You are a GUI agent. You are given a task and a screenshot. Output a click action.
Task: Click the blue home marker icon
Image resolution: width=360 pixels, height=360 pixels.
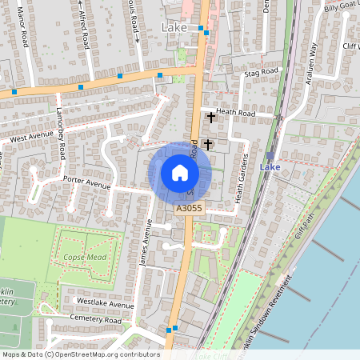tap(180, 173)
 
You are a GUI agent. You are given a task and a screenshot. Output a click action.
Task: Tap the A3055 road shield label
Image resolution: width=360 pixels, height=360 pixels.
tap(190, 209)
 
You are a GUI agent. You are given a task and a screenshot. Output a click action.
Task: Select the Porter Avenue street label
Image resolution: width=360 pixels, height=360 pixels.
tap(86, 183)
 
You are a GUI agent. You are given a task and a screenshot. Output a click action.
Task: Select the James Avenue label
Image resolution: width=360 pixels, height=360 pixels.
tap(146, 243)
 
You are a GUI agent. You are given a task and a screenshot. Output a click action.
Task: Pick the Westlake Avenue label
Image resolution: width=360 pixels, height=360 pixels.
tap(105, 304)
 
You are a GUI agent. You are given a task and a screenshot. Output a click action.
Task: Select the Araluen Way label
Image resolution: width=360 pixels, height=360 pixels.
tap(314, 58)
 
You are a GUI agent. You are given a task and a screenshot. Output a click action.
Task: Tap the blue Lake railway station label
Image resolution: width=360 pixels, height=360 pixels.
tap(270, 167)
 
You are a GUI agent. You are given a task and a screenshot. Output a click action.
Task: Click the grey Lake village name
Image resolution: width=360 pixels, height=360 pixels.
tap(174, 28)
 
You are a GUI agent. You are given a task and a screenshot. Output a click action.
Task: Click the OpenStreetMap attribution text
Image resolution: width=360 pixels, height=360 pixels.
tap(80, 354)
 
